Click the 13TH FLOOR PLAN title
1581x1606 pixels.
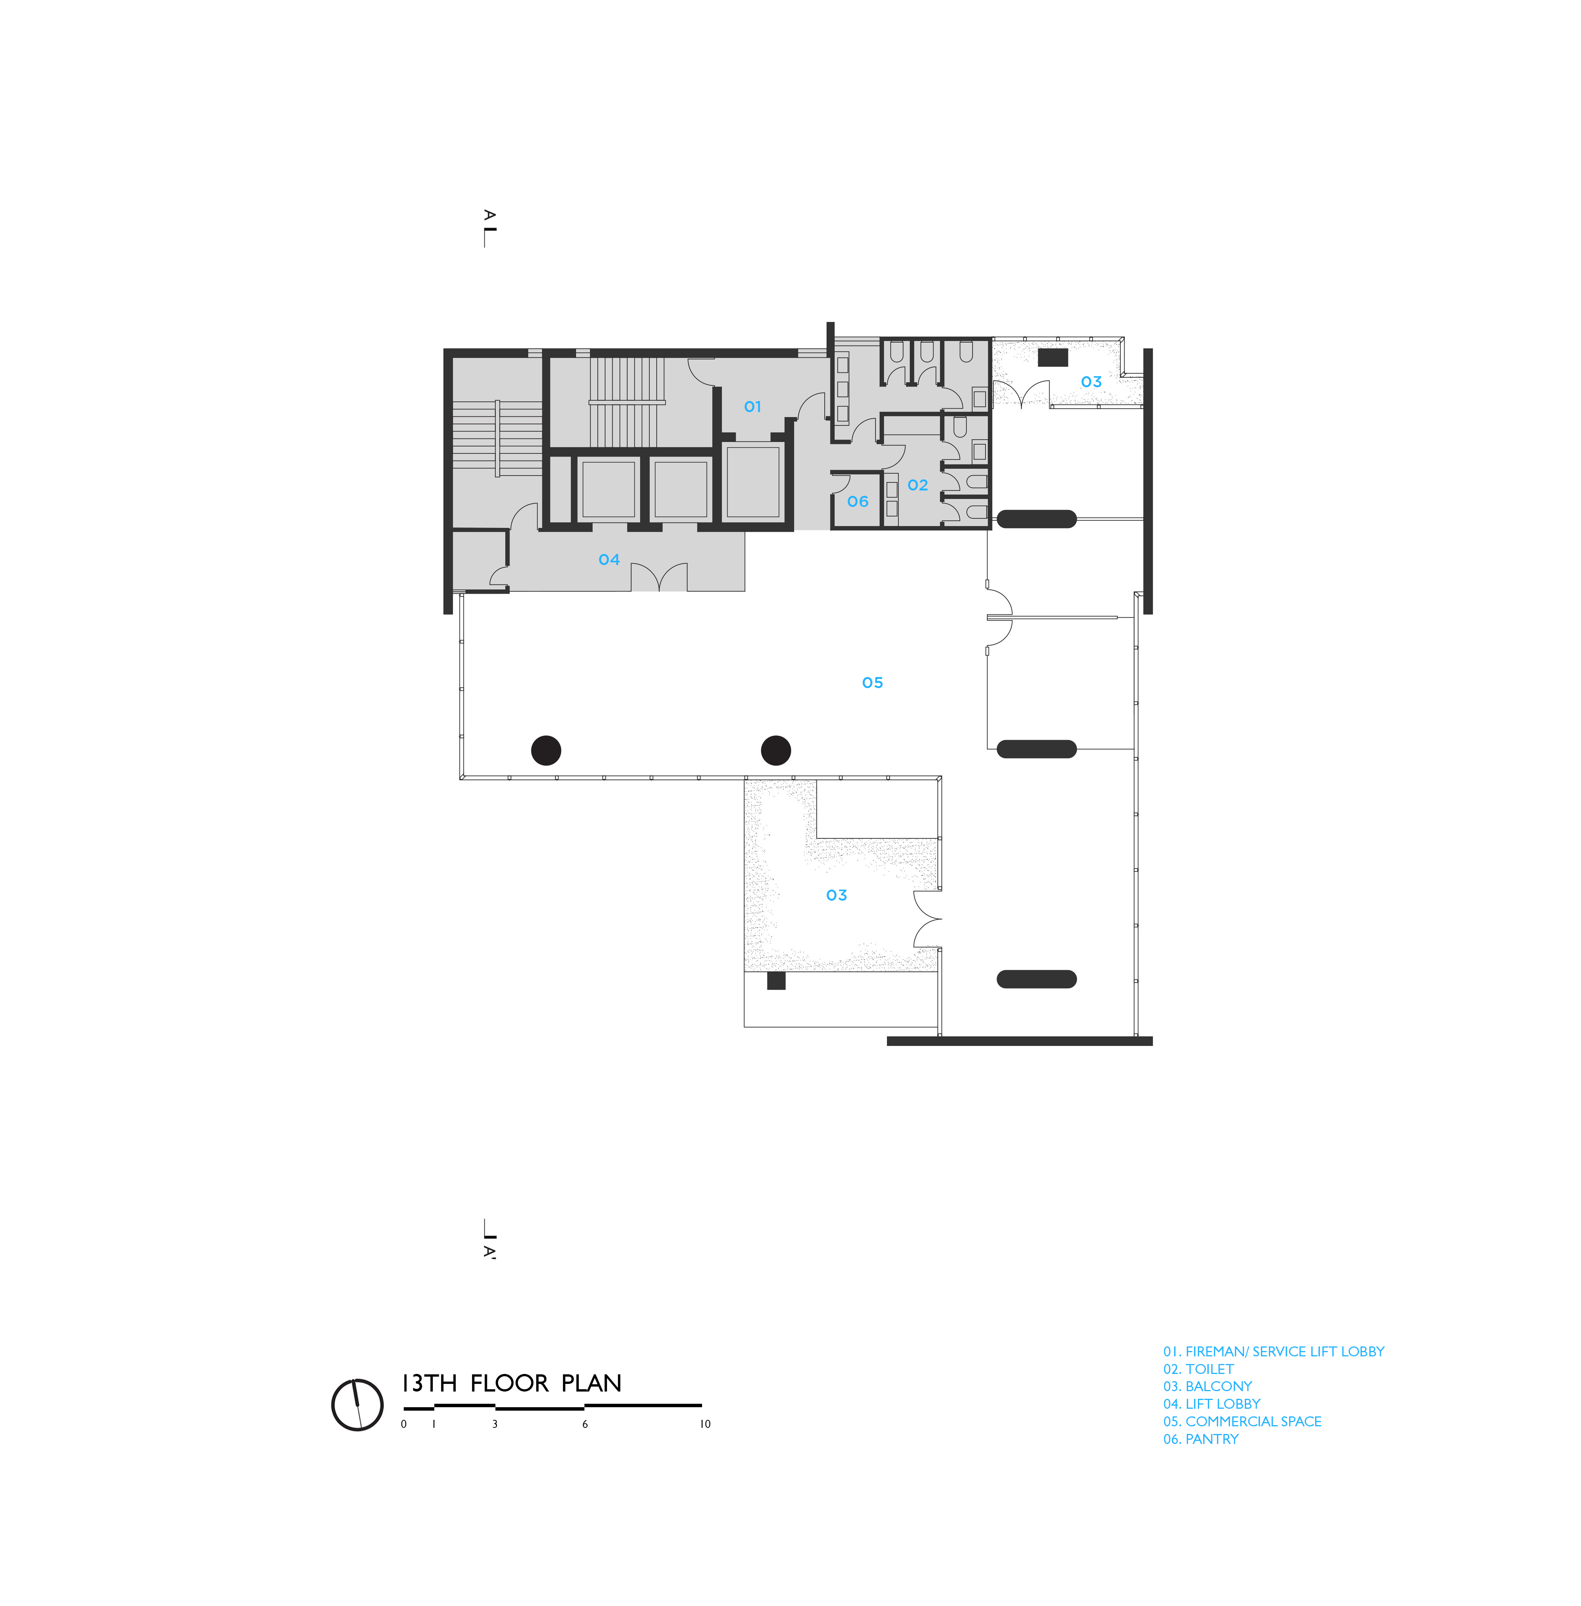point(511,1384)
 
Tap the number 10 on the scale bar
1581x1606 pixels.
point(705,1424)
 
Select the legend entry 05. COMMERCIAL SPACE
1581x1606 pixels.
point(1242,1422)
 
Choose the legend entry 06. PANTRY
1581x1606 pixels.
point(1201,1439)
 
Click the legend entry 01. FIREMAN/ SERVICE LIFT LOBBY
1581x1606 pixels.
point(1274,1352)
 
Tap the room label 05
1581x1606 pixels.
point(873,683)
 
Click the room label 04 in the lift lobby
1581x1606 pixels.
point(610,560)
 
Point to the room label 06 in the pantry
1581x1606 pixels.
point(858,502)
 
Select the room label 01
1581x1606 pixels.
point(752,407)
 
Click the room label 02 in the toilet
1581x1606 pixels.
point(918,485)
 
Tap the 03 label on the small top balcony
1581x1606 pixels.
point(1091,382)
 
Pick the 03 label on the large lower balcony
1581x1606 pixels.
point(837,896)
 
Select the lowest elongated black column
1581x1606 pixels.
point(1036,979)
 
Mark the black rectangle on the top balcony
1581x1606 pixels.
point(1053,357)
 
